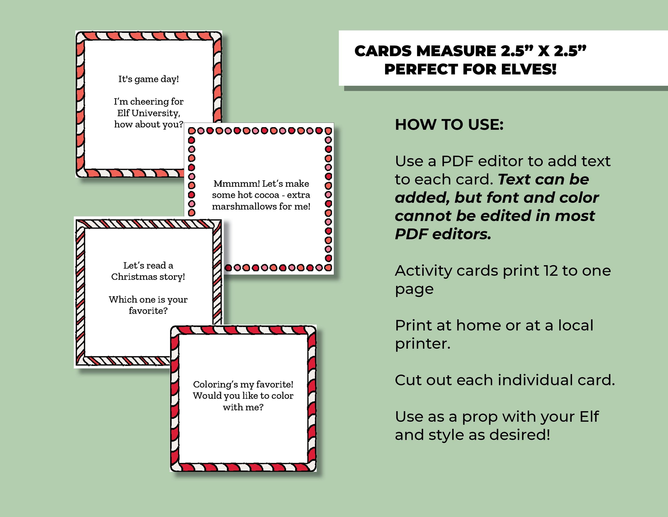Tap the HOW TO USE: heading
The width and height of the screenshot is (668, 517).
(x=449, y=125)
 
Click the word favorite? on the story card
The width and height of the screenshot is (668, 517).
(x=148, y=311)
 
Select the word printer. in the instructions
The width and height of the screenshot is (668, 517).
(x=422, y=344)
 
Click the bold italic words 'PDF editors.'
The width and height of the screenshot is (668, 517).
(x=443, y=234)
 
